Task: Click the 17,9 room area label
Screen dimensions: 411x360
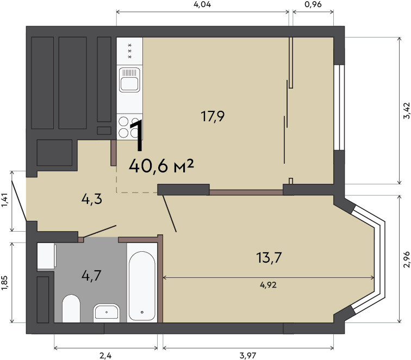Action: click(213, 116)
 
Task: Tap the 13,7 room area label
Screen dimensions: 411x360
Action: click(269, 257)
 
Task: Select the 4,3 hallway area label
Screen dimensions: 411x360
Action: click(92, 200)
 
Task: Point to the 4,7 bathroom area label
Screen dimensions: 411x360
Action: click(91, 276)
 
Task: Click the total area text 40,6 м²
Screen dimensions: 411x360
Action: click(161, 166)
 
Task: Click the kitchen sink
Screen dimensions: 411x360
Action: click(129, 80)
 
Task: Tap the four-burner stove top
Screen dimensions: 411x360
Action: click(129, 127)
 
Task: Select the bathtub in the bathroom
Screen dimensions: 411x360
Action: click(142, 286)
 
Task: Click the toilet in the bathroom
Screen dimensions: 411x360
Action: click(71, 308)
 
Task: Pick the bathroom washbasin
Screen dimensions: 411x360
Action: click(107, 313)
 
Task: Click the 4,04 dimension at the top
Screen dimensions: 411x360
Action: click(202, 4)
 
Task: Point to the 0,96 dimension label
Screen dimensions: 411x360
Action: click(313, 4)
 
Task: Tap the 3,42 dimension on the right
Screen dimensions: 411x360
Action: click(406, 110)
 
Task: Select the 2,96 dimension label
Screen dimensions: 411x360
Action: click(406, 259)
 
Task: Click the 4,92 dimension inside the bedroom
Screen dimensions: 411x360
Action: click(268, 285)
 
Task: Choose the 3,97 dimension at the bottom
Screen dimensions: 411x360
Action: click(248, 356)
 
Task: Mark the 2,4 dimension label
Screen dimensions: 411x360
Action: click(105, 356)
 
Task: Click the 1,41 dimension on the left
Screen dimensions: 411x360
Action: click(5, 200)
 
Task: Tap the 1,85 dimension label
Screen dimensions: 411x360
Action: click(5, 283)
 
